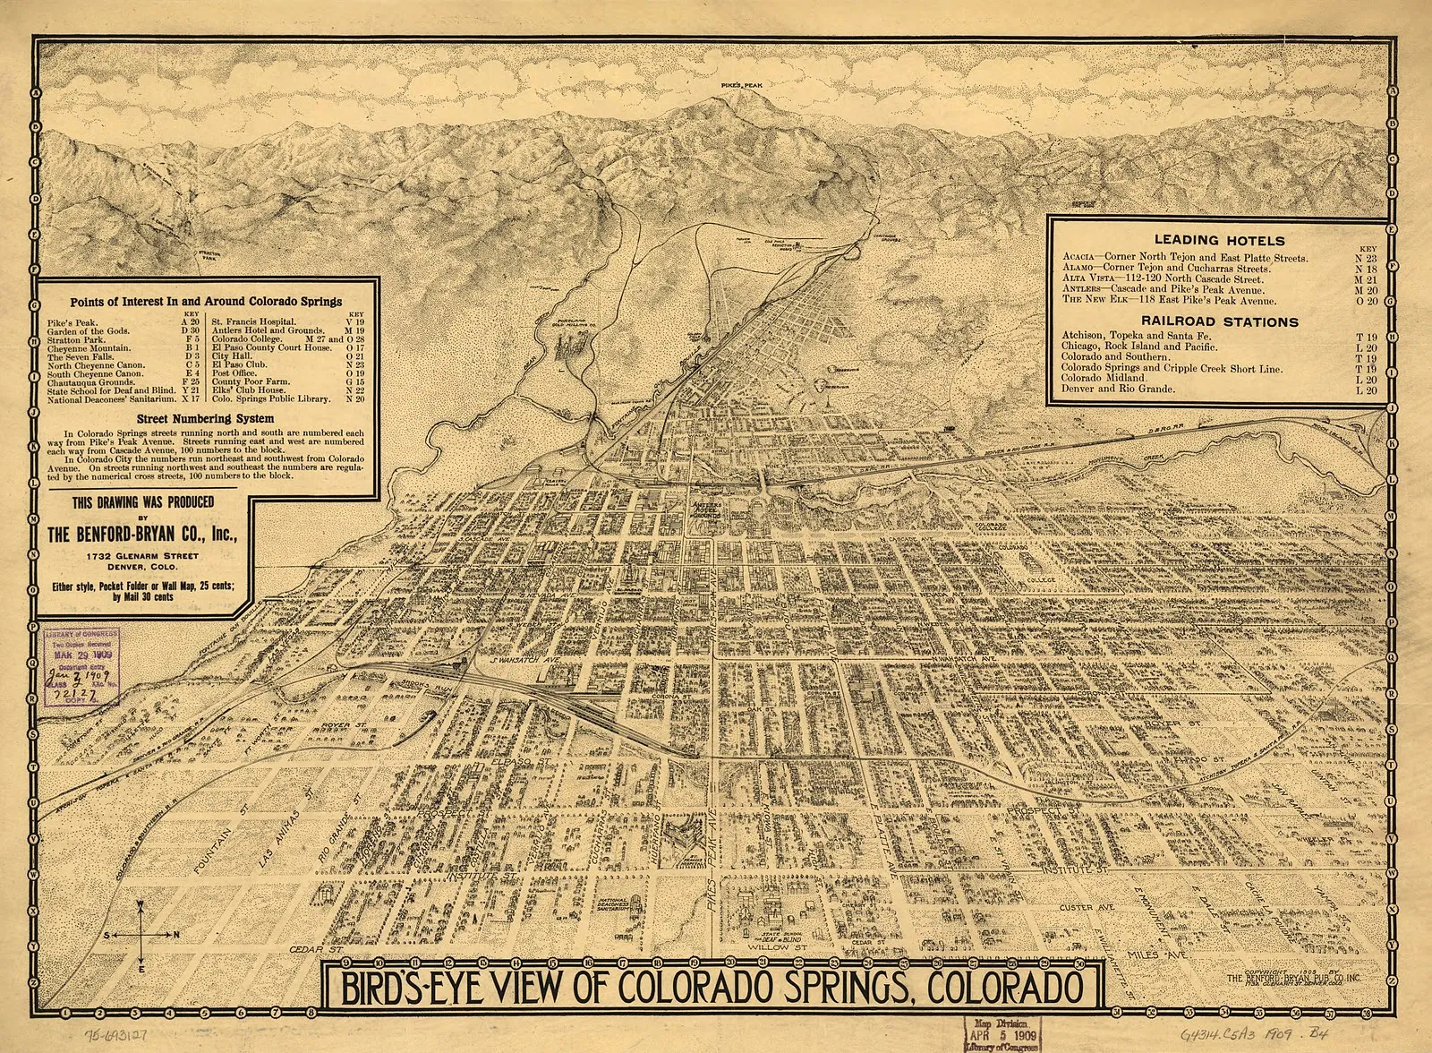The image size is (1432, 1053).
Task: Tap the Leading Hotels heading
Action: click(x=1206, y=240)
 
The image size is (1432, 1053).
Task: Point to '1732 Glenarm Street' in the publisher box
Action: click(x=148, y=556)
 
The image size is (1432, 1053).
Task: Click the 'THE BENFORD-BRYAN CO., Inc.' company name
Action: click(x=148, y=535)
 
